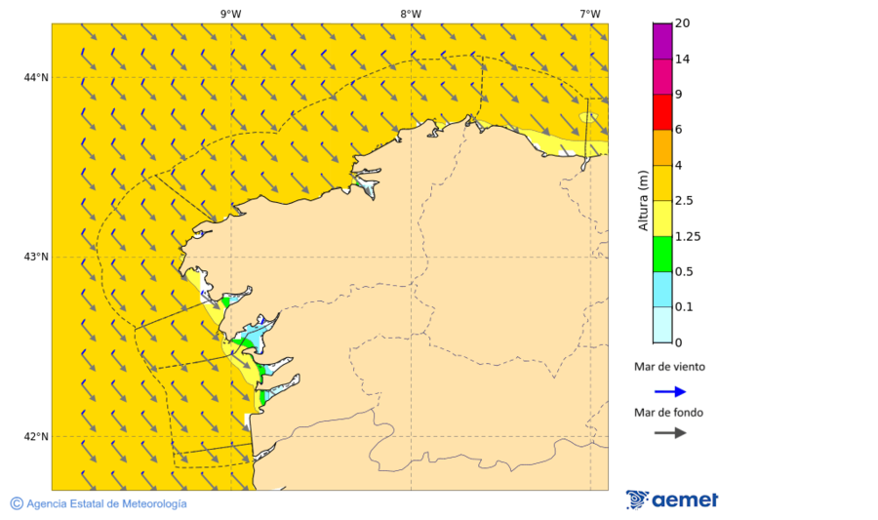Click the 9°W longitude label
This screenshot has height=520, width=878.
(230, 14)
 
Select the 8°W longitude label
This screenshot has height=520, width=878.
(411, 14)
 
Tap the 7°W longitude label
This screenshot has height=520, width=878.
(589, 14)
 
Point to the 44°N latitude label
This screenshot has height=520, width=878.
(36, 78)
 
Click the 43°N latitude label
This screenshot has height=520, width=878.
(36, 258)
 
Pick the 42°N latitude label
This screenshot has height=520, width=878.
(36, 437)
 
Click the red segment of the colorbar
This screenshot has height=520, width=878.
(662, 112)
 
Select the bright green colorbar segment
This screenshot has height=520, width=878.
(662, 254)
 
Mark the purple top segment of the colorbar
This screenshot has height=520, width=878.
(662, 41)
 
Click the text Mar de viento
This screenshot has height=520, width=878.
(669, 368)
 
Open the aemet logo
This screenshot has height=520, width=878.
(672, 500)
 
